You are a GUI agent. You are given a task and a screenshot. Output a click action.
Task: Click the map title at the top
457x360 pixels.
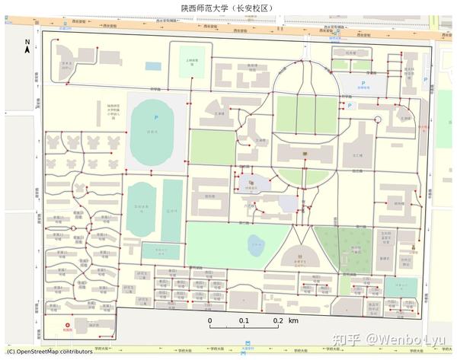[227, 8]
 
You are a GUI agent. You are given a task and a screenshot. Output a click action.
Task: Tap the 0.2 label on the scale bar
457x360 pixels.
[278, 320]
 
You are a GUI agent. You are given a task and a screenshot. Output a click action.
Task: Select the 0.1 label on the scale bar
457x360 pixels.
[244, 320]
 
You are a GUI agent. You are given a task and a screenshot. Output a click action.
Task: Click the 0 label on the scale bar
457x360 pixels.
[210, 320]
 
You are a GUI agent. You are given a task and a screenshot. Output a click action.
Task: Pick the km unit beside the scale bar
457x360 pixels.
[293, 320]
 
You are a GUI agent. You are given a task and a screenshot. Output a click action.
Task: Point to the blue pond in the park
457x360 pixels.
[256, 244]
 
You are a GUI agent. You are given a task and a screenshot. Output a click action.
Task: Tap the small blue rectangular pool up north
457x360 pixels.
[153, 66]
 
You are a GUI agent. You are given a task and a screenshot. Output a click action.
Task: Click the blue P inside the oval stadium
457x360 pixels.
[156, 117]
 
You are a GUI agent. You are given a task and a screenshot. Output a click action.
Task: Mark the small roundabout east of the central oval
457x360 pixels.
[377, 120]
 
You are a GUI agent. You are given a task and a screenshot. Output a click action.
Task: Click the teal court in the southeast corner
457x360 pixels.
[396, 285]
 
